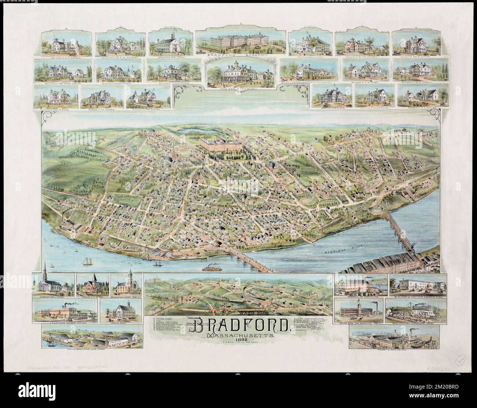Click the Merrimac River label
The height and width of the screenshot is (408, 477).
(338, 253)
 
